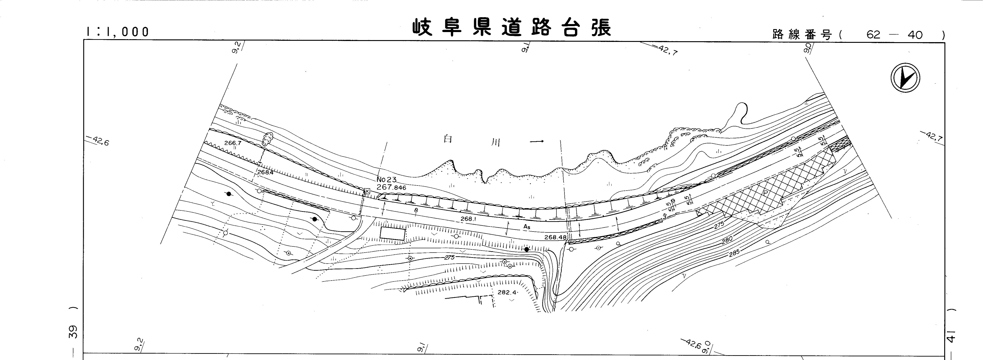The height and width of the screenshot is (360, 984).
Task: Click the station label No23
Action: pyautogui.click(x=386, y=180)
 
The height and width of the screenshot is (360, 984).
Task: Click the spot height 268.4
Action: pyautogui.click(x=266, y=172)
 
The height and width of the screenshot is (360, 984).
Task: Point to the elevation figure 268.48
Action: pyautogui.click(x=556, y=237)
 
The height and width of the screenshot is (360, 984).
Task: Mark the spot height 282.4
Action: pyautogui.click(x=507, y=292)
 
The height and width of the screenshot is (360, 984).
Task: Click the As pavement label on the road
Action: pyautogui.click(x=527, y=227)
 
